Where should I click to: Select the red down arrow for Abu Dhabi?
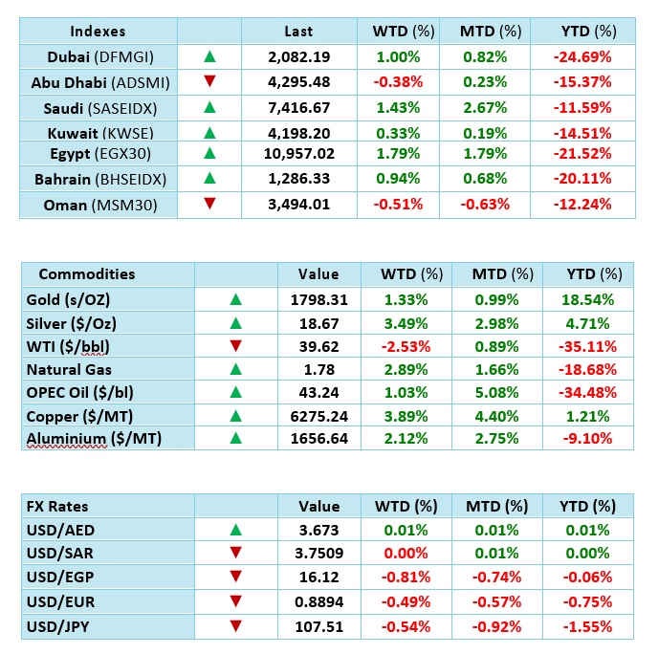pos(209,81)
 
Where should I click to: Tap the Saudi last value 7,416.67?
pos(301,105)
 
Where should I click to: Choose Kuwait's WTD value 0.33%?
pos(396,130)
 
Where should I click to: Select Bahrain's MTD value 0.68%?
pos(490,178)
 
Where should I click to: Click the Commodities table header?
pos(87,273)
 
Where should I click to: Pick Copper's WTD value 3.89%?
pos(405,416)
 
